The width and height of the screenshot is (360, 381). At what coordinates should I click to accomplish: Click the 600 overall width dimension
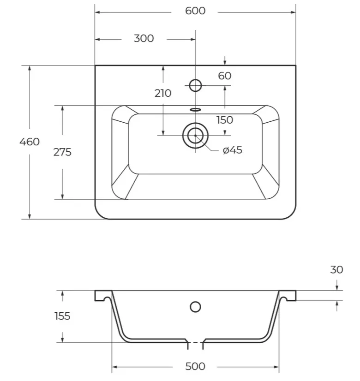pyautogui.click(x=195, y=11)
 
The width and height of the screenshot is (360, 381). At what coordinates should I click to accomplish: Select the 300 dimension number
pyautogui.click(x=144, y=39)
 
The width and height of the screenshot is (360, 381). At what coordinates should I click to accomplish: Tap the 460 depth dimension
pyautogui.click(x=30, y=142)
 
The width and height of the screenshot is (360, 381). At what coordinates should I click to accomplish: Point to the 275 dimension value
pyautogui.click(x=62, y=152)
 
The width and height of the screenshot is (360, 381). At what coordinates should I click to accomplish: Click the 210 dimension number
pyautogui.click(x=163, y=93)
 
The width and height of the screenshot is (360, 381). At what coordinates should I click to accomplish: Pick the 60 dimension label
pyautogui.click(x=225, y=76)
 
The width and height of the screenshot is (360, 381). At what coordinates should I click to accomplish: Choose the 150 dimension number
pyautogui.click(x=225, y=120)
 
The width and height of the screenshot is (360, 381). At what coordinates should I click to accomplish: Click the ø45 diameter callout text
pyautogui.click(x=233, y=150)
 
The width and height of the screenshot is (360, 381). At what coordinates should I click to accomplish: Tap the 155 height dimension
pyautogui.click(x=62, y=316)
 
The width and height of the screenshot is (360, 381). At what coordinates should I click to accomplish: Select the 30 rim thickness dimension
pyautogui.click(x=336, y=270)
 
